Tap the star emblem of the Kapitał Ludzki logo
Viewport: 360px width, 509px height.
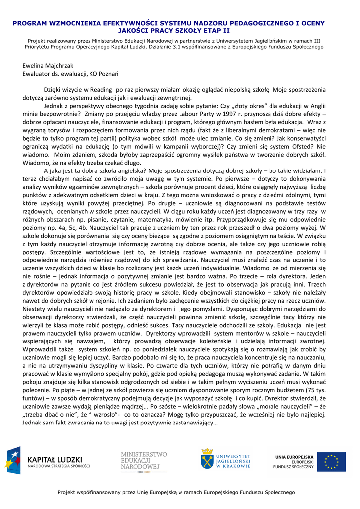coord(13,460)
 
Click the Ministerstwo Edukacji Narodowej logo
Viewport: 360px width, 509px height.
coord(144,461)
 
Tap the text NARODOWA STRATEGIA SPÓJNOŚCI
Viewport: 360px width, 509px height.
coord(59,466)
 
